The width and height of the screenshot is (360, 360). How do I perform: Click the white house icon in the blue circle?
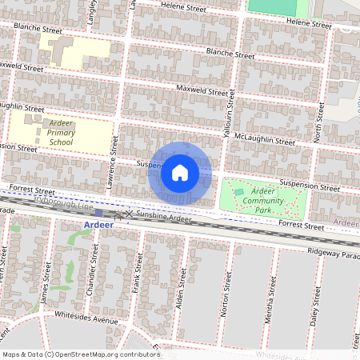coord(180,173)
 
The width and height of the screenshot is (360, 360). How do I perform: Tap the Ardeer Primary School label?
coord(61,134)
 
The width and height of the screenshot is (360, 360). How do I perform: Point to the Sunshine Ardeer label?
coord(164,218)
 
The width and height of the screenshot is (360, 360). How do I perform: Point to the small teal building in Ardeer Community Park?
coord(239,192)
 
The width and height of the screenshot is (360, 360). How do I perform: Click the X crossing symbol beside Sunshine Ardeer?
coord(129,215)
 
